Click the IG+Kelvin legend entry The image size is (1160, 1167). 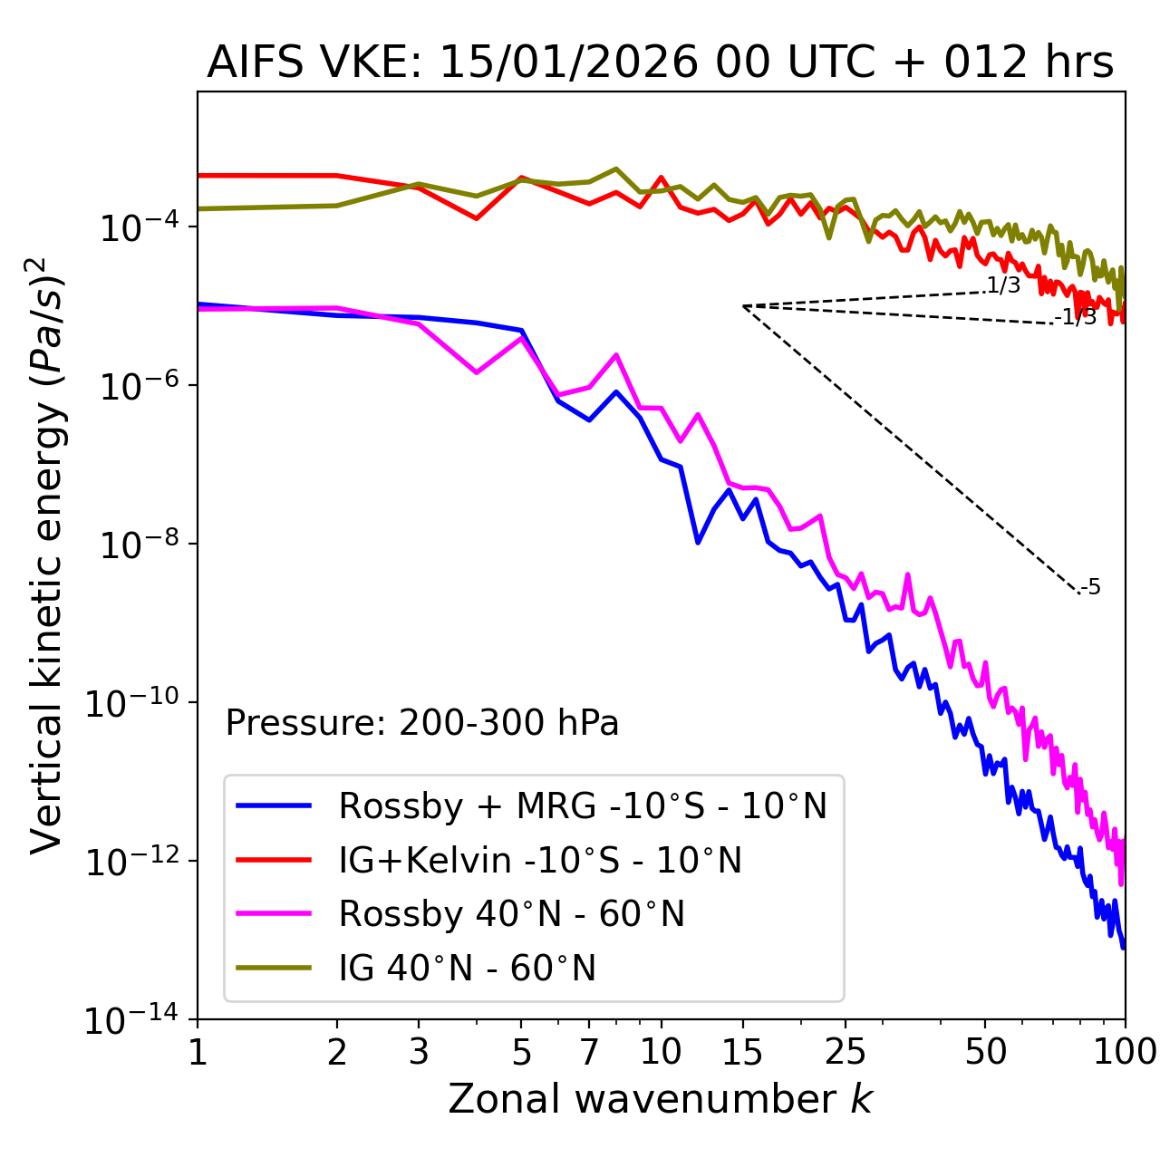point(540,860)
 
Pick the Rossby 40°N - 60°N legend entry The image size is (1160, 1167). point(511,914)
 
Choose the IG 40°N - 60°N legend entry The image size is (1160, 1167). point(467,969)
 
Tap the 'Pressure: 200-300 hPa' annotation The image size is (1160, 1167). point(422,723)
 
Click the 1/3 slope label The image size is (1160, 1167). point(1003,285)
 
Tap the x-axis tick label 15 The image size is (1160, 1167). point(742,1052)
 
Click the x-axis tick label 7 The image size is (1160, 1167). point(589,1052)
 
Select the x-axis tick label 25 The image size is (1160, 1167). point(845,1052)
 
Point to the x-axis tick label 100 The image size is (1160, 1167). point(1124,1052)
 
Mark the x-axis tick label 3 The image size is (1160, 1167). point(419,1052)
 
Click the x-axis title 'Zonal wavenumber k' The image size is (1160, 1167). point(660,1099)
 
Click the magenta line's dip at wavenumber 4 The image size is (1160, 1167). point(477,372)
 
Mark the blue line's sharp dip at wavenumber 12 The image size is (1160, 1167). point(698,543)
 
